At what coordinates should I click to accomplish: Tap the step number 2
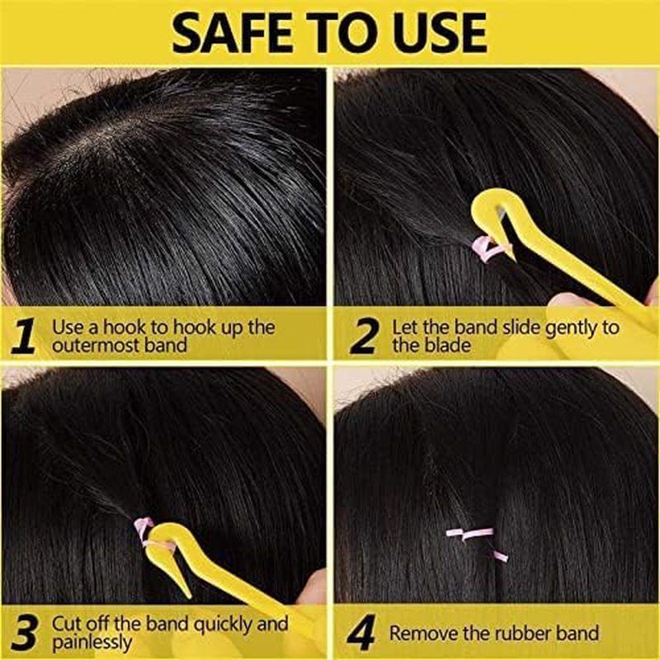tap(363, 336)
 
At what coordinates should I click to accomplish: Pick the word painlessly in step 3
tap(92, 642)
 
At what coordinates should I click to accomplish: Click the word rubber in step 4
tap(519, 634)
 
